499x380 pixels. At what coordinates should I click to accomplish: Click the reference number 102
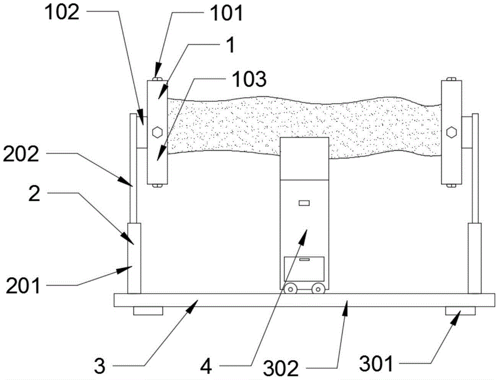(x=61, y=13)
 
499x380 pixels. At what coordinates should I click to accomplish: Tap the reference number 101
(x=226, y=13)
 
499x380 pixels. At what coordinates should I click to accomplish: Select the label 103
(x=249, y=79)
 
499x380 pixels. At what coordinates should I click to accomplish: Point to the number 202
(x=21, y=154)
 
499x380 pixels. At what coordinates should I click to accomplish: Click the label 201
(x=23, y=286)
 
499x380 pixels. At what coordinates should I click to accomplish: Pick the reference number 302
(x=280, y=369)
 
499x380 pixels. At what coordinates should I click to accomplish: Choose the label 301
(x=376, y=364)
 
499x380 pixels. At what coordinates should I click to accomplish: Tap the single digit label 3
(x=100, y=367)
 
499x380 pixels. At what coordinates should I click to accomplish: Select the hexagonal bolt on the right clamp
(x=451, y=132)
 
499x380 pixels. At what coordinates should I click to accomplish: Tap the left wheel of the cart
(x=290, y=289)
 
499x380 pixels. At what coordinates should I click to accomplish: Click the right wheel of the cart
(x=317, y=289)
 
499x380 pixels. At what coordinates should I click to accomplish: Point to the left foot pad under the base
(x=148, y=311)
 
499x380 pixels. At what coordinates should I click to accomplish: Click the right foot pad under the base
(x=460, y=311)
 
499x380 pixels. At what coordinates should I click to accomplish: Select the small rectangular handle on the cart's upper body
(x=304, y=203)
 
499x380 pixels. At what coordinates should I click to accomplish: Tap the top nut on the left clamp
(x=157, y=79)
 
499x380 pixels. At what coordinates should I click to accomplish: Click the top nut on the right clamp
(x=451, y=79)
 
